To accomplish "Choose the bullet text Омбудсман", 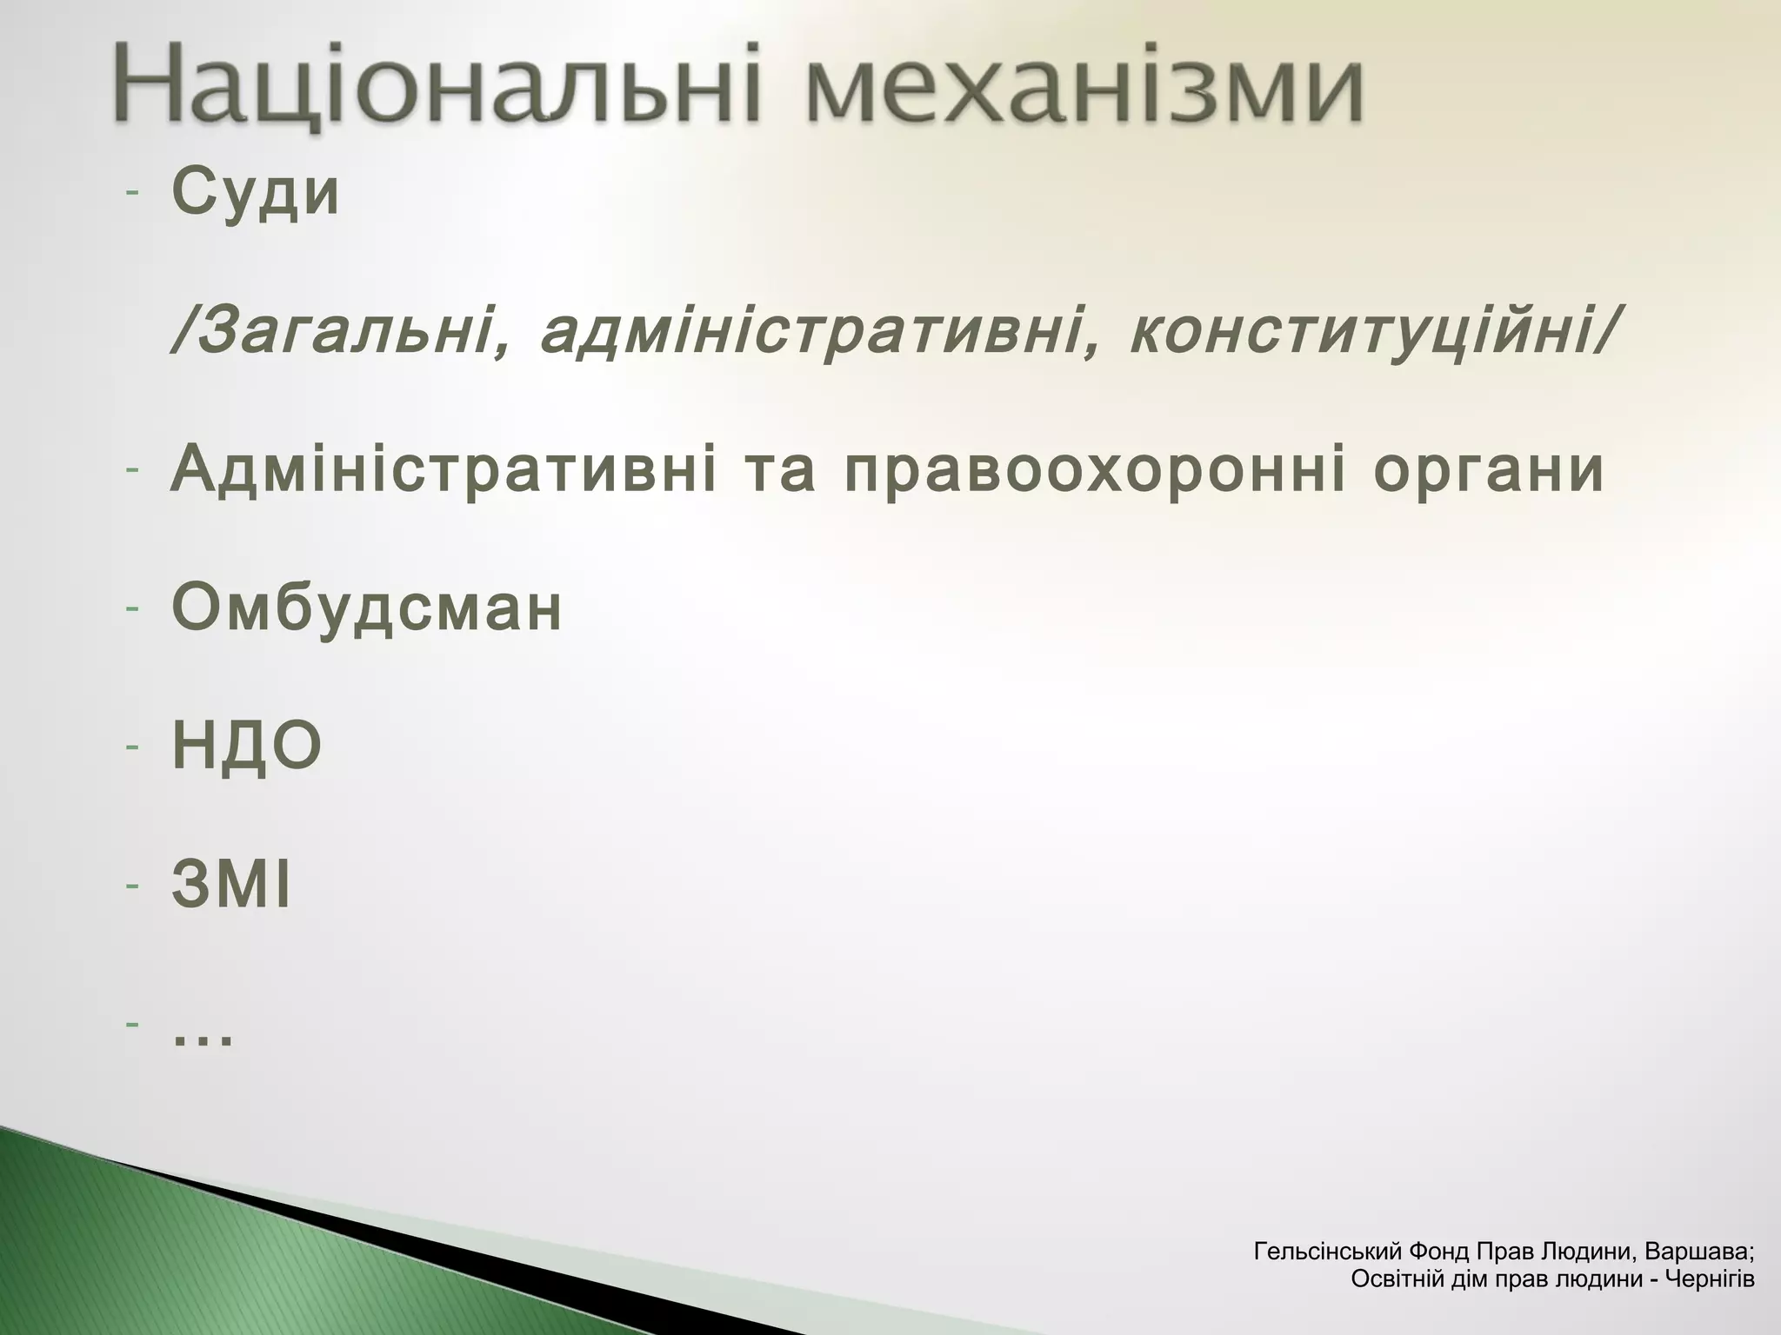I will pos(366,608).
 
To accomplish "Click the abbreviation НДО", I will pos(247,747).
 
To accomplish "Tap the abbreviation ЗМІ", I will pos(230,887).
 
